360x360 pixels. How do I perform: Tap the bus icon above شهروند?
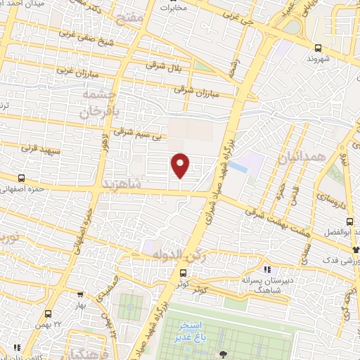point(319,49)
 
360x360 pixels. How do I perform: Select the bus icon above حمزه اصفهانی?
point(21,179)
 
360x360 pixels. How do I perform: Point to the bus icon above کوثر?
point(184,273)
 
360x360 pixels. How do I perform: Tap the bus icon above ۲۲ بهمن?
point(49,314)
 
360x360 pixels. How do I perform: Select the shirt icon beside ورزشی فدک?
point(356,248)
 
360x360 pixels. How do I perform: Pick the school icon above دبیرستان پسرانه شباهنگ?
point(266,269)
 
